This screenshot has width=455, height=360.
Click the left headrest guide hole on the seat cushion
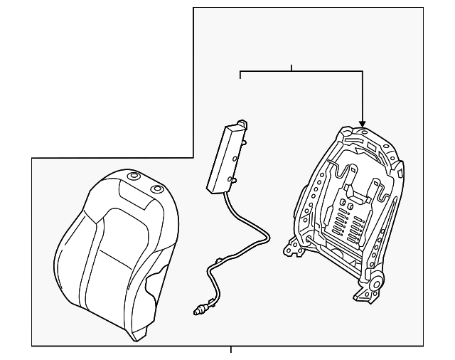tap(132, 176)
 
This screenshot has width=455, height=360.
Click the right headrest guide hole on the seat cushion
tap(156, 189)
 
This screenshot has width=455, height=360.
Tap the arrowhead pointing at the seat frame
tap(363, 123)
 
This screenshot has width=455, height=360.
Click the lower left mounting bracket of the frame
tap(291, 248)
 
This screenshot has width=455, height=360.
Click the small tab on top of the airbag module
tap(243, 125)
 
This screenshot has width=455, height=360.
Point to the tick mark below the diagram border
tap(230, 349)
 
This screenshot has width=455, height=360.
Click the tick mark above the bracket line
tap(291, 68)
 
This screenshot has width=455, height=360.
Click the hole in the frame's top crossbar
tap(363, 132)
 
